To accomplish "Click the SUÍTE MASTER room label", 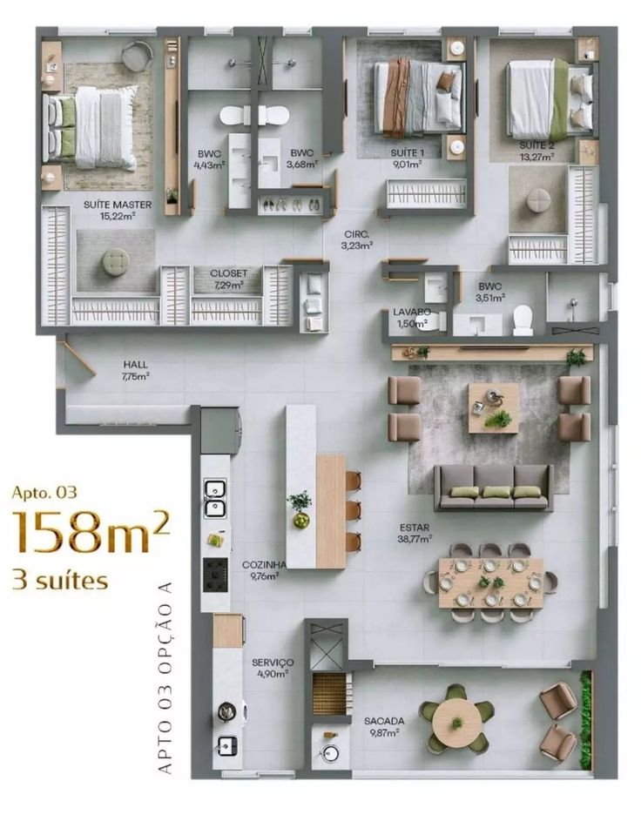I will pos(118,210).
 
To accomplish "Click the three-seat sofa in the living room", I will pos(494,487).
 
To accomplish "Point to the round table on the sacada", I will pos(457,719).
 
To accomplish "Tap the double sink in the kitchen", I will pos(215,500).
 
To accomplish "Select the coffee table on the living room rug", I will pos(494,407).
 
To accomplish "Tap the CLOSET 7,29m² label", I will pos(228,279).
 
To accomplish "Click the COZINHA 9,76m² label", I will pos(260,569).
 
